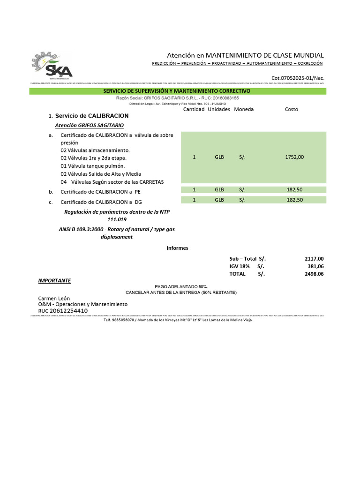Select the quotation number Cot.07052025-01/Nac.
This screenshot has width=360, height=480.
pyautogui.click(x=298, y=78)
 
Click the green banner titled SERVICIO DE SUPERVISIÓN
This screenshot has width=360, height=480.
pyautogui.click(x=177, y=91)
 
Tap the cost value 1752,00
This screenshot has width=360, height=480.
pyautogui.click(x=294, y=157)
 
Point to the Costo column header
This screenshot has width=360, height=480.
pyautogui.click(x=291, y=109)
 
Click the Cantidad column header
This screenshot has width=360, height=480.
pyautogui.click(x=194, y=109)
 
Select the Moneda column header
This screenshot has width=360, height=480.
pyautogui.click(x=244, y=109)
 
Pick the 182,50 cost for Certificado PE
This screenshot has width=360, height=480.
pyautogui.click(x=294, y=190)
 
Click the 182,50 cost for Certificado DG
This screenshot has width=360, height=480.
pyautogui.click(x=294, y=200)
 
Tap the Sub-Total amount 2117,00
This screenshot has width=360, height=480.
pyautogui.click(x=314, y=259)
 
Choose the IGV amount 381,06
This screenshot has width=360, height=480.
pyautogui.click(x=315, y=266)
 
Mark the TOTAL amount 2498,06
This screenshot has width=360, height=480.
pyautogui.click(x=314, y=274)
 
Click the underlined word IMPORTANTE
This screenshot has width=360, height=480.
pyautogui.click(x=54, y=281)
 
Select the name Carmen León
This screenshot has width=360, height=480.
pyautogui.click(x=54, y=298)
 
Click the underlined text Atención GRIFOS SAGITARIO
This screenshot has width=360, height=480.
pyautogui.click(x=90, y=126)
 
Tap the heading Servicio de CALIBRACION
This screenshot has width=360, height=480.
pyautogui.click(x=92, y=116)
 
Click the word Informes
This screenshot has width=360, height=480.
pyautogui.click(x=177, y=248)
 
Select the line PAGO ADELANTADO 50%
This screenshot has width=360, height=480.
pyautogui.click(x=181, y=286)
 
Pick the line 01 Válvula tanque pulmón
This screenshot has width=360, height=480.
pyautogui.click(x=92, y=166)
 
